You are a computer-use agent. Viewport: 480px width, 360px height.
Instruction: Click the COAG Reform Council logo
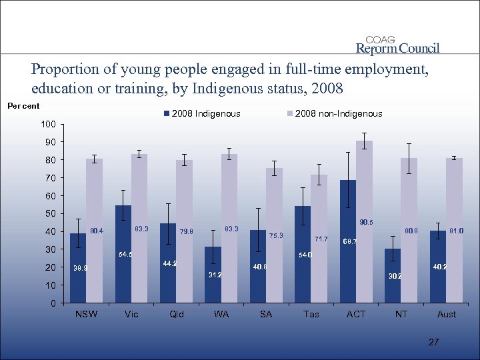(398, 45)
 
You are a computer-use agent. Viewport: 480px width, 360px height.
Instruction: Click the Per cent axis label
(23, 105)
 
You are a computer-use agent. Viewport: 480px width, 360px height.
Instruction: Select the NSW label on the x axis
(86, 314)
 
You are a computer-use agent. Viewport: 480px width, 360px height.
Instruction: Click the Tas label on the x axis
(311, 314)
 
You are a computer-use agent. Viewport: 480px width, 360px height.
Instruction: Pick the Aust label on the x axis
(446, 314)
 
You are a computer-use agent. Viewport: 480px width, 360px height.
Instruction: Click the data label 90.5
(366, 222)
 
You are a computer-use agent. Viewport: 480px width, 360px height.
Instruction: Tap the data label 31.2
(215, 274)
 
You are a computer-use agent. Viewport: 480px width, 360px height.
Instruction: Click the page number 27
(434, 342)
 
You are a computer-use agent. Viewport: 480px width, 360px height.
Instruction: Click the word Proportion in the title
(62, 69)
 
